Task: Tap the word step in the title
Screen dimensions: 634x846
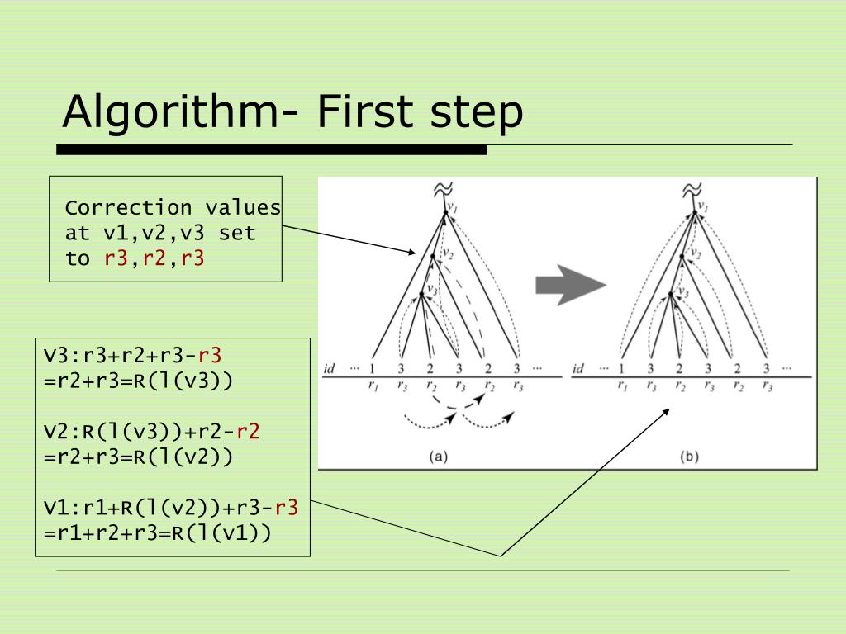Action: pyautogui.click(x=477, y=113)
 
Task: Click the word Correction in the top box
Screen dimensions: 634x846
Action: pyautogui.click(x=128, y=207)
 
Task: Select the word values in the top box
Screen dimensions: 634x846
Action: pyautogui.click(x=243, y=207)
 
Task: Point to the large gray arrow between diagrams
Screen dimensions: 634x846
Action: pyautogui.click(x=570, y=286)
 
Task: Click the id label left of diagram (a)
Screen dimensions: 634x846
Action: pyautogui.click(x=329, y=368)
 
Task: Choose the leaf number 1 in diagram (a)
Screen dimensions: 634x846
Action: pyautogui.click(x=373, y=369)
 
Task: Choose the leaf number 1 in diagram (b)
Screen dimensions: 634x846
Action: pyautogui.click(x=620, y=369)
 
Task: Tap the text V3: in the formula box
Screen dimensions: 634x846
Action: pyautogui.click(x=60, y=356)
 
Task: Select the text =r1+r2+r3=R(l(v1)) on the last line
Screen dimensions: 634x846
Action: pyautogui.click(x=157, y=533)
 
